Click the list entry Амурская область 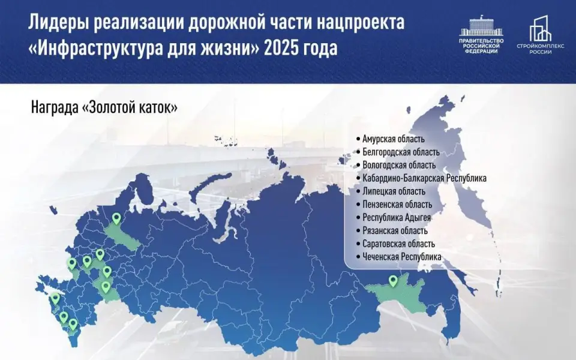[x=394, y=139]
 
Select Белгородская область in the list [x=401, y=152]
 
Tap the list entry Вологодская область [x=399, y=165]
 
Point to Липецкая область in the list [x=394, y=191]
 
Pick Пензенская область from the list [x=397, y=205]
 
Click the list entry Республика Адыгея [x=397, y=217]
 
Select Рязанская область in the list [x=395, y=230]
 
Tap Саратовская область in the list [x=398, y=244]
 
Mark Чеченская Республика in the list [x=402, y=257]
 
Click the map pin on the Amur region [x=393, y=280]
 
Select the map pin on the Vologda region [x=116, y=219]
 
